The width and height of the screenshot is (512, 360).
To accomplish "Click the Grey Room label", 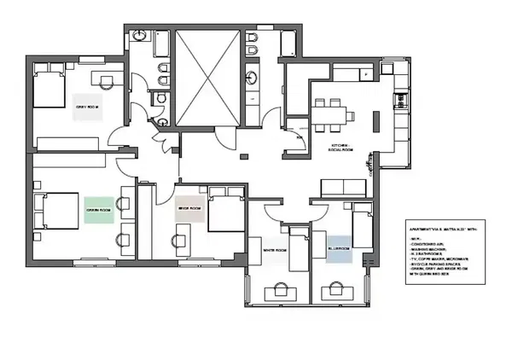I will tap(86, 107).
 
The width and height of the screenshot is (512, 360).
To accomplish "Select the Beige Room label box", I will tap(189, 208).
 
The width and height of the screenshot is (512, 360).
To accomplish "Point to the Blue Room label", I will tap(340, 248).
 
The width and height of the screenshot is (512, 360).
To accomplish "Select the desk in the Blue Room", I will tap(336, 293).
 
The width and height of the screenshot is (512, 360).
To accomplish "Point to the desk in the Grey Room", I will tap(107, 81).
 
